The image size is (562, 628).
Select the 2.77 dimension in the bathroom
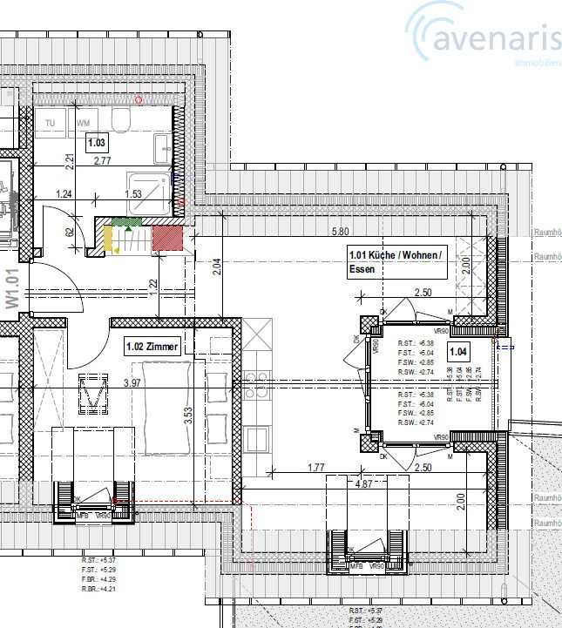(103, 162)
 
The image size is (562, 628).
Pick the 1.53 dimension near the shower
(133, 194)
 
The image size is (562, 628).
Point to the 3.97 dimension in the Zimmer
(132, 382)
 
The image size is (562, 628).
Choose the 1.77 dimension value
(316, 469)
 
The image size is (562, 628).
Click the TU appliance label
(51, 124)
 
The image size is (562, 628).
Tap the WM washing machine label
(83, 124)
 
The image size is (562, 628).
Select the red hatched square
(166, 237)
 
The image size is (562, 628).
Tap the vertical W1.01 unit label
(11, 287)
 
